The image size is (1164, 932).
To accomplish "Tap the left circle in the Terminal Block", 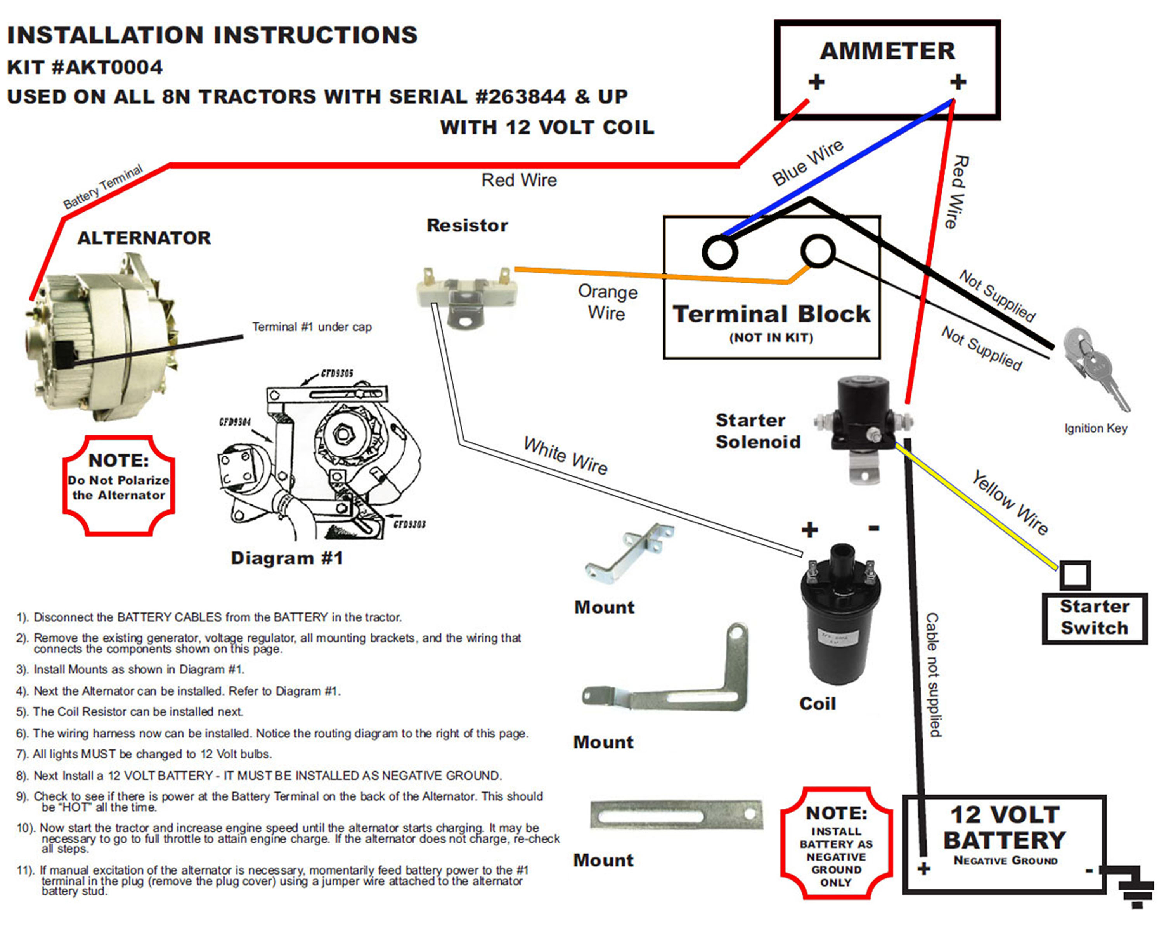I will pos(720,252).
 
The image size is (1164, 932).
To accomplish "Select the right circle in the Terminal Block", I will pos(818,251).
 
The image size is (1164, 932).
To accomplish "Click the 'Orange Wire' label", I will pos(607,302).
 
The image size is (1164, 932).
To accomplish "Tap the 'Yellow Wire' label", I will pos(1010,503).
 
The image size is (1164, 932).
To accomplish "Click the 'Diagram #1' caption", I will pos(287,558).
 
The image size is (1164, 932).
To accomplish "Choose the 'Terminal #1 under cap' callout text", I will pos(312,327).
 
